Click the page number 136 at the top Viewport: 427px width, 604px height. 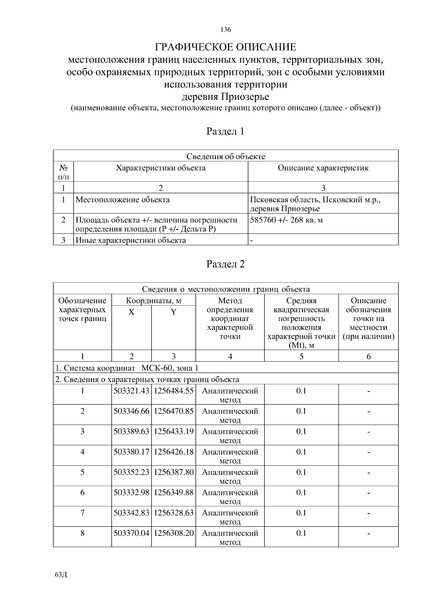pyautogui.click(x=226, y=30)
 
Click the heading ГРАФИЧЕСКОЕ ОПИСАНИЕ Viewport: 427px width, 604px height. pyautogui.click(x=226, y=47)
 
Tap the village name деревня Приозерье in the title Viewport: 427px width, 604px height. pyautogui.click(x=226, y=96)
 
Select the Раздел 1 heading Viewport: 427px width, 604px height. pyautogui.click(x=226, y=131)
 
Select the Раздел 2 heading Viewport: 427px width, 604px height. pyautogui.click(x=226, y=264)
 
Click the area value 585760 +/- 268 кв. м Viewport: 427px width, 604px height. pyautogui.click(x=286, y=220)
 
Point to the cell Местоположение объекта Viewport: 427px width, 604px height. pyautogui.click(x=123, y=200)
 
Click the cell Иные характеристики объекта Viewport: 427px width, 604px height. pyautogui.click(x=131, y=240)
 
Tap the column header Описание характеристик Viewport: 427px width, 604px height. pyautogui.click(x=323, y=168)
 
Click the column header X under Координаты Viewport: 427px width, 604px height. pyautogui.click(x=131, y=312)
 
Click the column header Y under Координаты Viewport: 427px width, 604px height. pyautogui.click(x=173, y=312)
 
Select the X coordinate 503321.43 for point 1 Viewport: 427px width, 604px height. pyautogui.click(x=131, y=391)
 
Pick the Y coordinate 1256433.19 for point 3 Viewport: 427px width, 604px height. pyautogui.click(x=174, y=431)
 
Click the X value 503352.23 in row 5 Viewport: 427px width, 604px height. pyautogui.click(x=131, y=472)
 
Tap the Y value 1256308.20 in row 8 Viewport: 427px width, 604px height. pyautogui.click(x=174, y=533)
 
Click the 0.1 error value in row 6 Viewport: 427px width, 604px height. pyautogui.click(x=301, y=493)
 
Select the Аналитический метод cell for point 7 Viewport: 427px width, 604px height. pyautogui.click(x=230, y=517)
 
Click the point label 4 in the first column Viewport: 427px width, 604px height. pyautogui.click(x=82, y=452)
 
